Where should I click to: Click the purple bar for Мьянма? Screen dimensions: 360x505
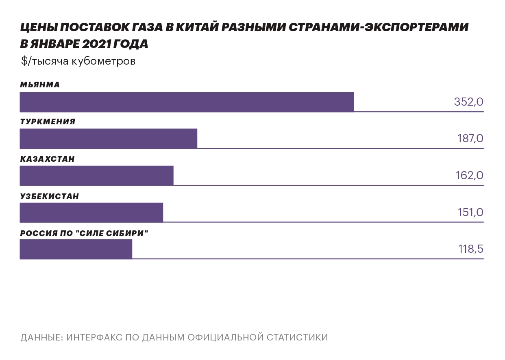click(x=187, y=102)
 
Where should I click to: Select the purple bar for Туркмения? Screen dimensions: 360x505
click(x=109, y=139)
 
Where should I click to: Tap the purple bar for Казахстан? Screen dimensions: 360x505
click(x=96, y=176)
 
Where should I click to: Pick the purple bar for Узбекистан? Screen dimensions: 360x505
click(x=91, y=213)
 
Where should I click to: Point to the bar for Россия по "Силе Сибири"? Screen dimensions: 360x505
click(x=76, y=249)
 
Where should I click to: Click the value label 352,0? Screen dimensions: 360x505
click(x=468, y=102)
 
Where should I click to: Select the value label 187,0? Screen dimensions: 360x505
click(x=470, y=139)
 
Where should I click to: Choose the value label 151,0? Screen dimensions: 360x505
click(x=470, y=213)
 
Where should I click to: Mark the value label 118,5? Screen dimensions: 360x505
click(x=470, y=249)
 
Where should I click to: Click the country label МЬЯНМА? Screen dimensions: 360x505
click(x=40, y=85)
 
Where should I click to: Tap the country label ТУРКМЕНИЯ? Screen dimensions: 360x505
click(x=48, y=122)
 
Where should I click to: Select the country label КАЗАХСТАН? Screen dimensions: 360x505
click(x=47, y=159)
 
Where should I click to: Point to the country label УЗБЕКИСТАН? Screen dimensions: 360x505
click(x=49, y=196)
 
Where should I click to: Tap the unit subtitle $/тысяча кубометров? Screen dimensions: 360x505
click(x=78, y=61)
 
